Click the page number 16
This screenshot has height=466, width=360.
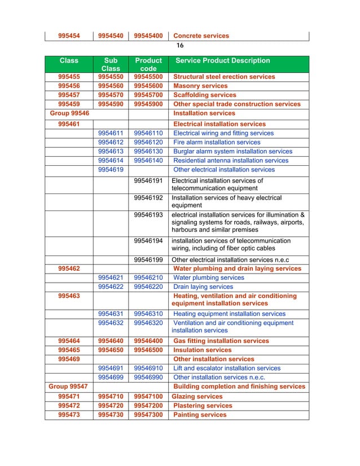(x=180, y=45)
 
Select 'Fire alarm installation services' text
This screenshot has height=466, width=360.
(x=217, y=142)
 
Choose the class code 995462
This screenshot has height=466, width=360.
(x=69, y=269)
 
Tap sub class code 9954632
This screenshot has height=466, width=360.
(x=111, y=323)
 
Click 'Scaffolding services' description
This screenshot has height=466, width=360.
(x=205, y=95)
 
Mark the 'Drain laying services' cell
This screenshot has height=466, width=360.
(x=203, y=287)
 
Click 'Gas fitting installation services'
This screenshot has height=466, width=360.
(x=221, y=341)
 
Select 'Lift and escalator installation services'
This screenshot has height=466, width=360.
(x=227, y=368)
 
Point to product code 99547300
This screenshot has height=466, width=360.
(x=148, y=415)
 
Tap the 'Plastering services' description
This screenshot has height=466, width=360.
(x=203, y=406)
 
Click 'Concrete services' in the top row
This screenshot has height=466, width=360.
(x=201, y=36)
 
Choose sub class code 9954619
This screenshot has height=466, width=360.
(x=111, y=169)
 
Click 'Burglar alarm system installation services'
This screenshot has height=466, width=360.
(x=232, y=151)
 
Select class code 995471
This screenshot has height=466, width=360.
(x=69, y=397)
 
